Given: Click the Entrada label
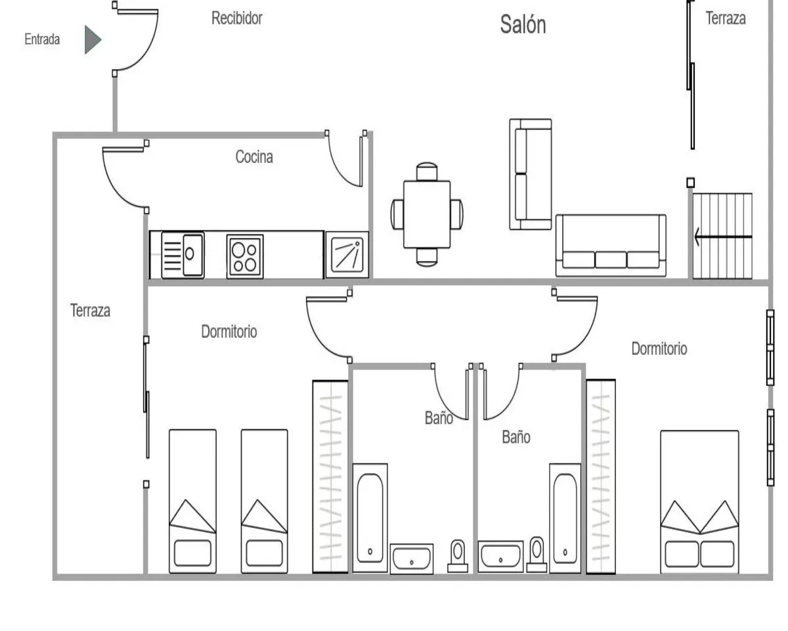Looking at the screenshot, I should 42,39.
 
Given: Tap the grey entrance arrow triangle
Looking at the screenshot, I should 92,39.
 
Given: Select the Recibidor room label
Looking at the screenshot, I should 236,18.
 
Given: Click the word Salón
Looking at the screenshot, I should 523,25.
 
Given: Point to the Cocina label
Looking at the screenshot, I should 254,157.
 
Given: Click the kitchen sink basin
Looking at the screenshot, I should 191,252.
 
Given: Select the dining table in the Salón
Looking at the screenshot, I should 427,214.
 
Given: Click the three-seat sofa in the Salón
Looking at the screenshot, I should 611,245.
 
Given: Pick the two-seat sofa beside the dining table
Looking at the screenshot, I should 531,174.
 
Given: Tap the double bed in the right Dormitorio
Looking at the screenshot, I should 699,503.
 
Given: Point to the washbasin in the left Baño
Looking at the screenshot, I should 412,559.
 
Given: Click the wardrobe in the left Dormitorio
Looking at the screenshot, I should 330,477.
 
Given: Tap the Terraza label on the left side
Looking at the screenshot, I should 90,311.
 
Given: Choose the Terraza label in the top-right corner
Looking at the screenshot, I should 726,18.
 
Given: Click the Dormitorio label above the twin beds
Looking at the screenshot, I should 229,332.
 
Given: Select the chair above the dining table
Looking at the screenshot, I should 427,172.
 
